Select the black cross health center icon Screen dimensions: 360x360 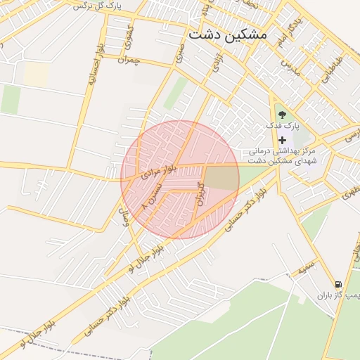click(x=283, y=140)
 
